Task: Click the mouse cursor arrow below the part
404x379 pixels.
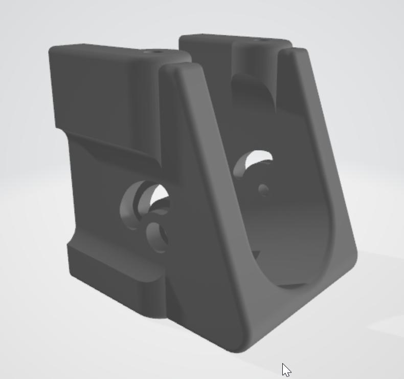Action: coord(286,369)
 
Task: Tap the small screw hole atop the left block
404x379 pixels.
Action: coord(151,52)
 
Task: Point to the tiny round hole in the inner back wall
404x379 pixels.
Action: coord(263,190)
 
